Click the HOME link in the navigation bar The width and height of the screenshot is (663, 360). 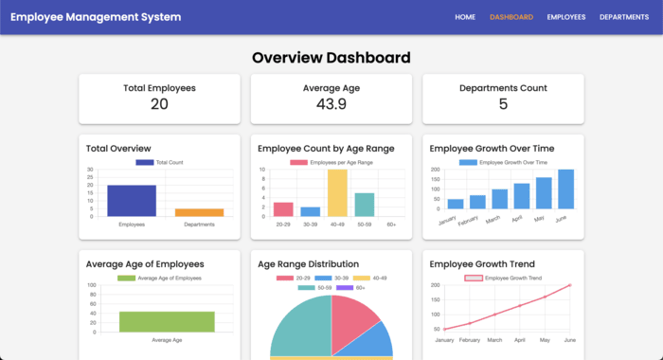[x=465, y=17]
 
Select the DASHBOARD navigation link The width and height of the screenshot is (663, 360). [x=511, y=17]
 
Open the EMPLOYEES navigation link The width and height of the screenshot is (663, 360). [x=566, y=17]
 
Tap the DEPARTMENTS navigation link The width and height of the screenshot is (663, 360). [x=624, y=17]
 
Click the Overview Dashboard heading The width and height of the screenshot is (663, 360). [x=331, y=58]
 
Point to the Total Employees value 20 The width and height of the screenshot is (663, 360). [x=159, y=104]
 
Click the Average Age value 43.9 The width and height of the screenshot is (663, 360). [x=331, y=104]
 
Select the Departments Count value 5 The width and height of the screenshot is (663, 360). [x=503, y=104]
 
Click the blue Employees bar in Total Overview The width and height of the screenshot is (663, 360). [x=132, y=201]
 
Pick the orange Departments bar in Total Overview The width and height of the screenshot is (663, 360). [x=199, y=212]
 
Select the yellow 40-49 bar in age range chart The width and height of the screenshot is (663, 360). [x=337, y=193]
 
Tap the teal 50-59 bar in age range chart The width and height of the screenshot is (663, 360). [x=365, y=205]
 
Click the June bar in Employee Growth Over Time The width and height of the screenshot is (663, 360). [x=565, y=189]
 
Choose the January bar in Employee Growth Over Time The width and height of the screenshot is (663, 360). [x=456, y=204]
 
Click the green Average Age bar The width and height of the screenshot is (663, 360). [x=167, y=322]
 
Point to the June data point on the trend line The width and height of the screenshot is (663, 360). [x=570, y=285]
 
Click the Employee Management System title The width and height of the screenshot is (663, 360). [x=82, y=17]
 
